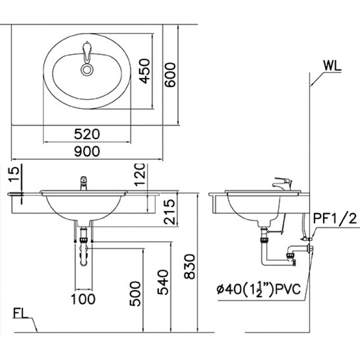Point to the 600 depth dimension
tap(170, 75)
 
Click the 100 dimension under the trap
tap(83, 298)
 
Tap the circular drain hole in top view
tap(88, 70)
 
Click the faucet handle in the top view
tap(88, 52)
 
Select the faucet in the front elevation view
tap(83, 183)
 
